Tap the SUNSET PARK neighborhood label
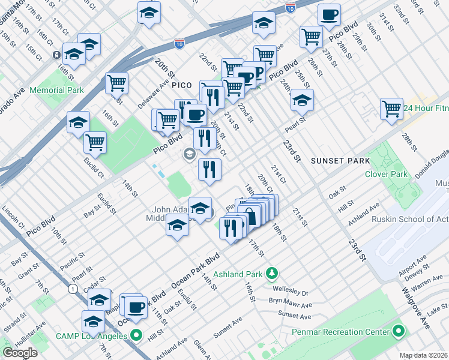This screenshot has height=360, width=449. coord(337,161)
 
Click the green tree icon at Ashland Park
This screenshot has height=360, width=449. coord(271,274)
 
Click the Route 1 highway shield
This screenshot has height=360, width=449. coord(73,289)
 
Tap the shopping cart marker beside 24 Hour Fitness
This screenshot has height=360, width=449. coord(391,109)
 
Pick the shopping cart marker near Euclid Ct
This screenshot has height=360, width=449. coord(95,142)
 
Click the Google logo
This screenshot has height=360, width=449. coord(20,352)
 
